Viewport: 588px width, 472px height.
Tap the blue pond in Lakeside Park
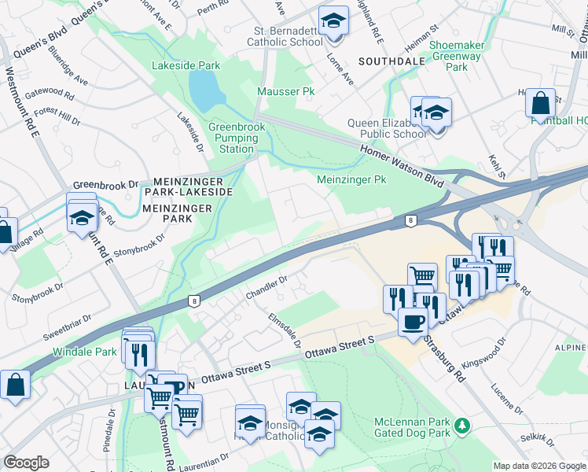point(204,89)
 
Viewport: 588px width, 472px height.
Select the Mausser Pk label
point(286,92)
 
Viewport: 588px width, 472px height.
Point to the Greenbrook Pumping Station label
point(232,138)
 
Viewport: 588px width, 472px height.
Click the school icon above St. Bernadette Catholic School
point(333,21)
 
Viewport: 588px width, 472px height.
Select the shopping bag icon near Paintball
point(540,103)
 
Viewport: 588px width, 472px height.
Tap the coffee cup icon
point(413,321)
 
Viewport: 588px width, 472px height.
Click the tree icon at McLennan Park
point(464,426)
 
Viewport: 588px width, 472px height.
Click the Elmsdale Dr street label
point(285,330)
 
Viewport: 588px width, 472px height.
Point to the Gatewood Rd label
point(51,97)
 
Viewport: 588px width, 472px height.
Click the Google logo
point(26,462)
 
